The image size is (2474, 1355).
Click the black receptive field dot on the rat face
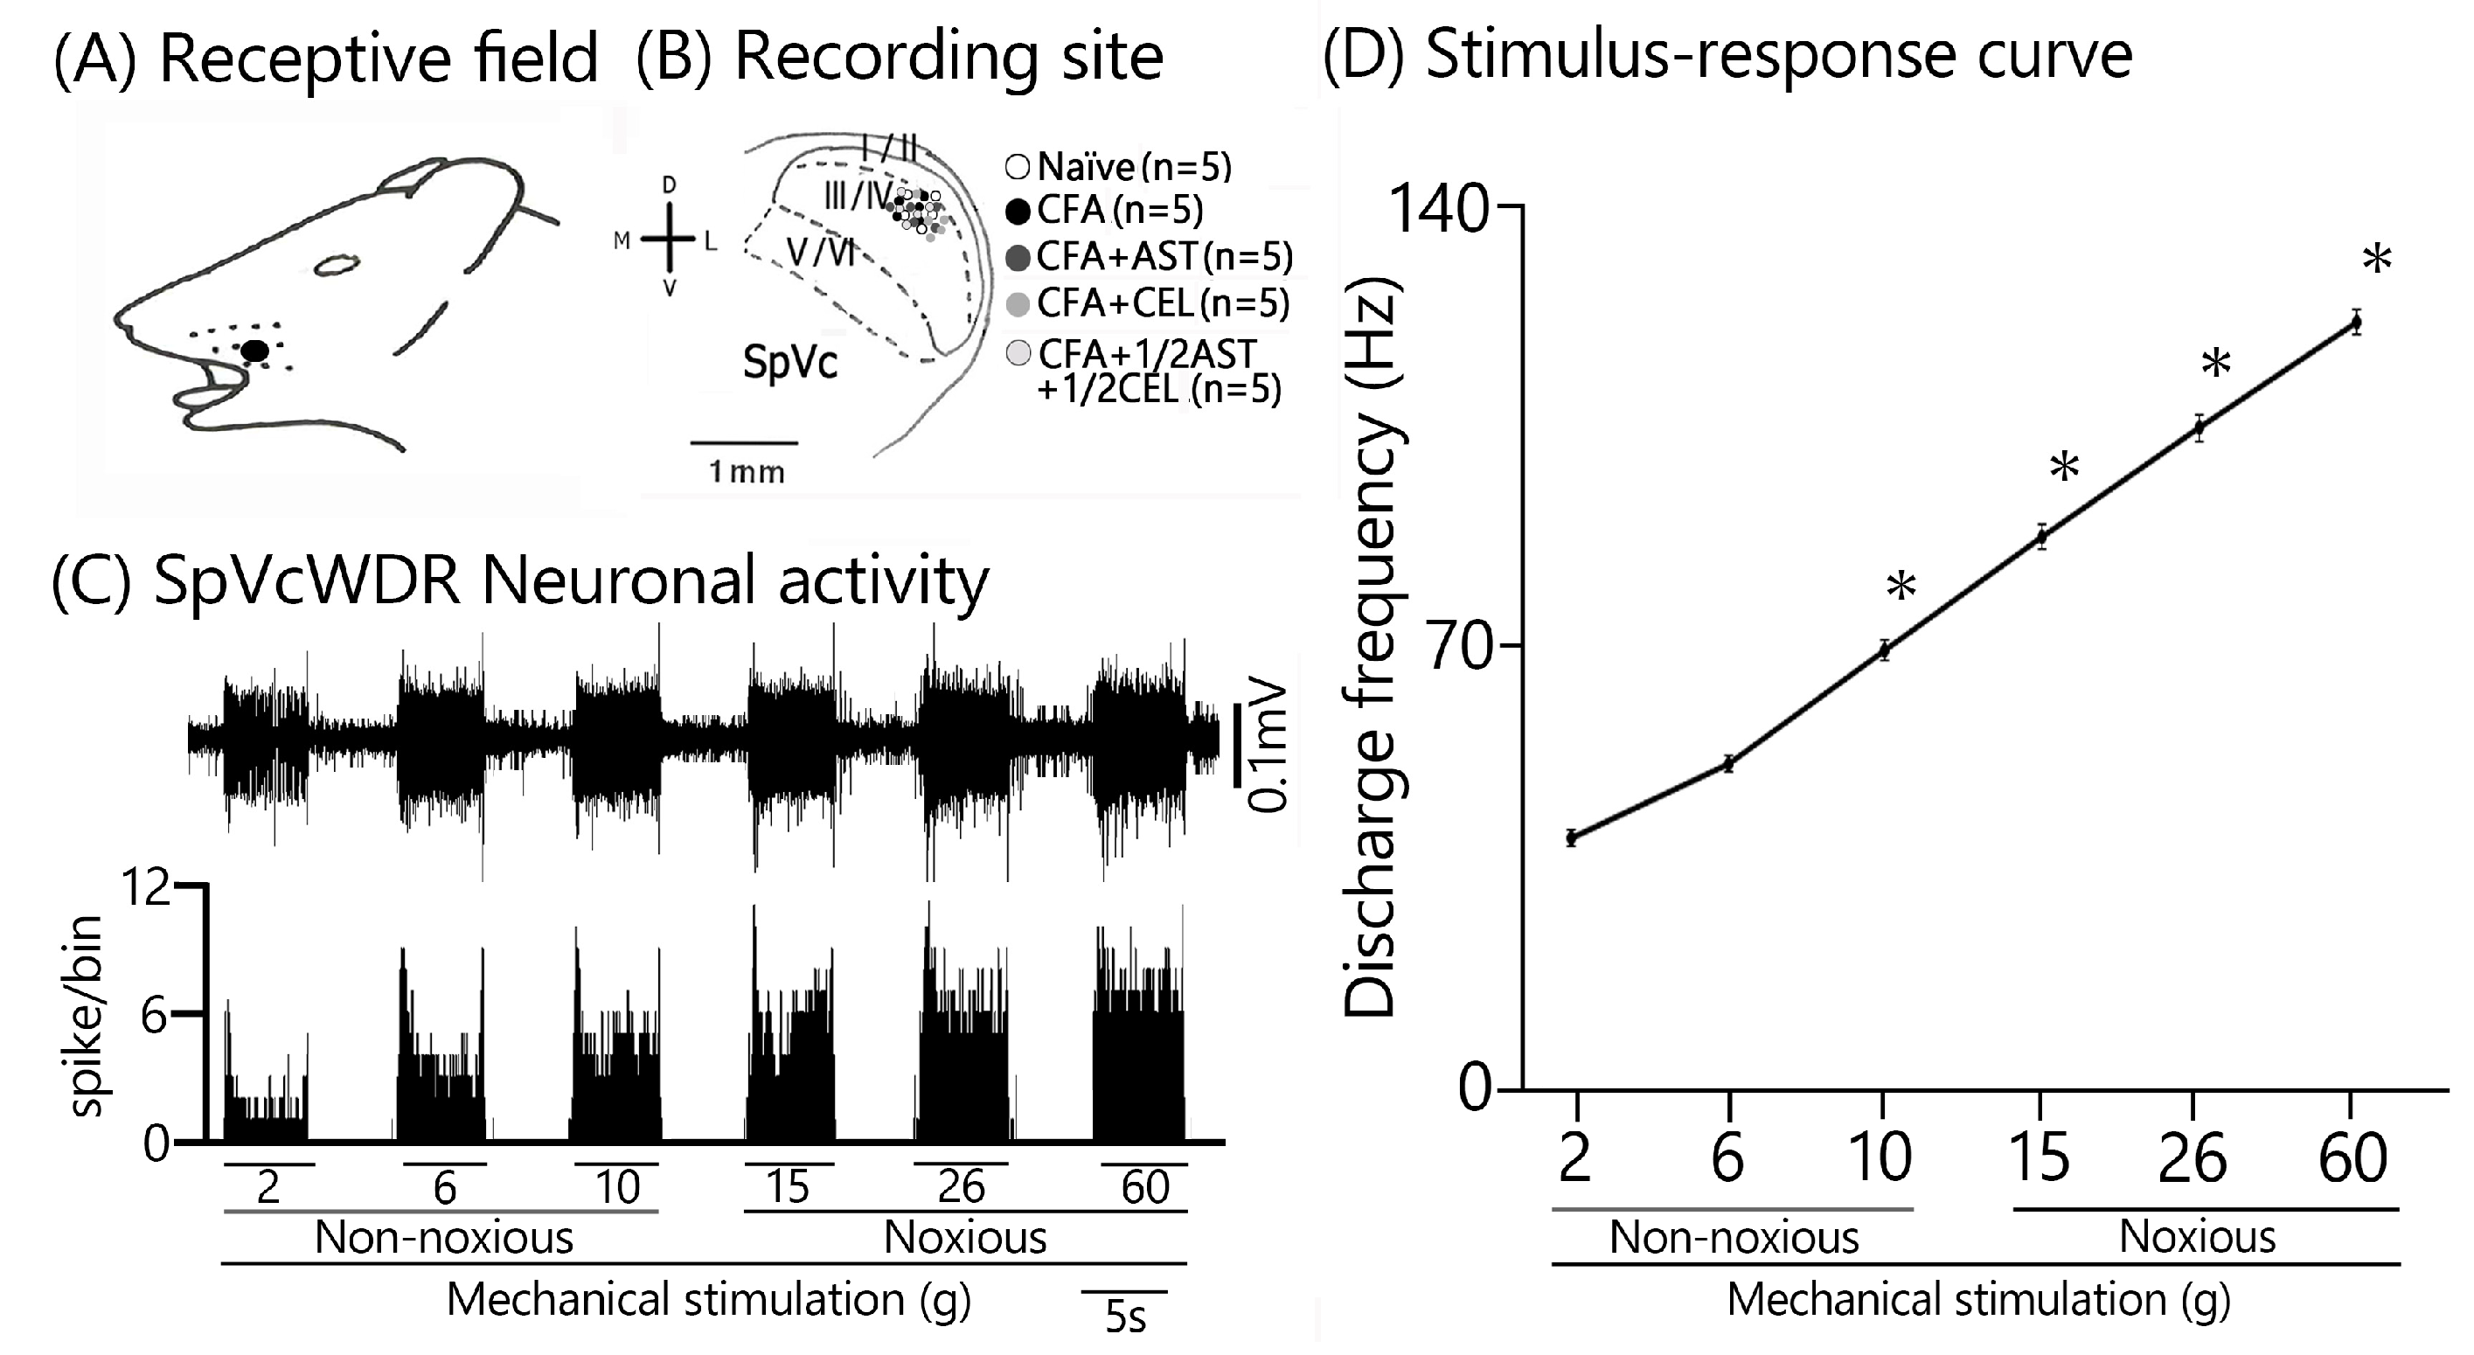coord(254,351)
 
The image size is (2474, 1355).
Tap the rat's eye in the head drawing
coord(338,264)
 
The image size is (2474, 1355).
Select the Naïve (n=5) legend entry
coord(1119,167)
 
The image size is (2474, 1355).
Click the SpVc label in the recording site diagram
coord(789,362)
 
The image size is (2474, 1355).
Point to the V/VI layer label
coord(820,253)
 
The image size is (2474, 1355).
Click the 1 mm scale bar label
coord(747,471)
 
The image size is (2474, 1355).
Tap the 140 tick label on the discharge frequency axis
coord(1438,208)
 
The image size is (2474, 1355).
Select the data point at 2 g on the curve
coord(1572,837)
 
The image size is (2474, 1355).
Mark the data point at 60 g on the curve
coord(2356,323)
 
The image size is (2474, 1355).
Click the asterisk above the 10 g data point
coord(1901,587)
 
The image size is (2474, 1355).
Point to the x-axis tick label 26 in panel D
coord(2193,1158)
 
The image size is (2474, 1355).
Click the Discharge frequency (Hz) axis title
coord(1371,648)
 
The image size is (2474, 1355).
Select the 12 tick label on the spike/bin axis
coord(145,889)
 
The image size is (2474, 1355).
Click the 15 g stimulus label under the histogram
coord(787,1187)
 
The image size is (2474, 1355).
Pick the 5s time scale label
coord(1124,1317)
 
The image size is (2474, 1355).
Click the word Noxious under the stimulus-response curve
coord(2198,1237)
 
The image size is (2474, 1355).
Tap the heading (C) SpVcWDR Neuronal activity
coord(519,582)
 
